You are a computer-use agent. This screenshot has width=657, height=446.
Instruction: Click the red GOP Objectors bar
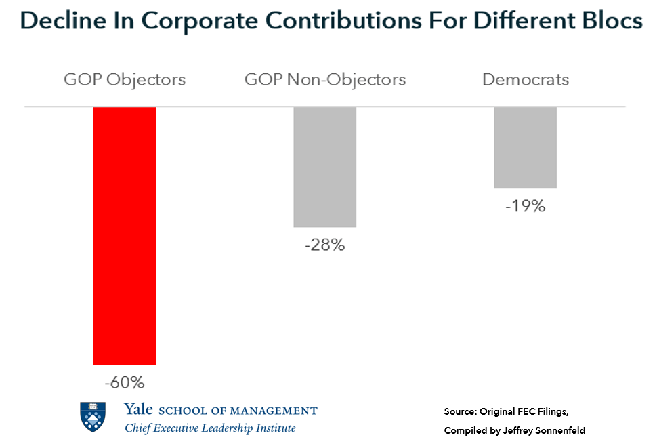(125, 236)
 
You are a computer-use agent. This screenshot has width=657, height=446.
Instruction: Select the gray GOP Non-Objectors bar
(325, 167)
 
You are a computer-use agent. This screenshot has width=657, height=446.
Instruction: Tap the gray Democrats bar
(525, 148)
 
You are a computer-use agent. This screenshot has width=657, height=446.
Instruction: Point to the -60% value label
(125, 383)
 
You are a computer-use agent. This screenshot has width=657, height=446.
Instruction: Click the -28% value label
(325, 245)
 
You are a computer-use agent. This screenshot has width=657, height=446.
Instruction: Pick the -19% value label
(525, 206)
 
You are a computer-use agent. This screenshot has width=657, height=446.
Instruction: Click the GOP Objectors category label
(125, 79)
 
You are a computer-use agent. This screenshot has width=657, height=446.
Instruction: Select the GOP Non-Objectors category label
(325, 79)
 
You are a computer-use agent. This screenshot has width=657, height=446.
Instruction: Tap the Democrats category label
(526, 79)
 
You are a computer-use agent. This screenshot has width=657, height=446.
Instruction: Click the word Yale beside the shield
(138, 410)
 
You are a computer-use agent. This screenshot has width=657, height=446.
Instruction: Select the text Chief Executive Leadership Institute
(210, 428)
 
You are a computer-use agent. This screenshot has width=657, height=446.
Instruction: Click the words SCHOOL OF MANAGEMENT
(238, 411)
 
